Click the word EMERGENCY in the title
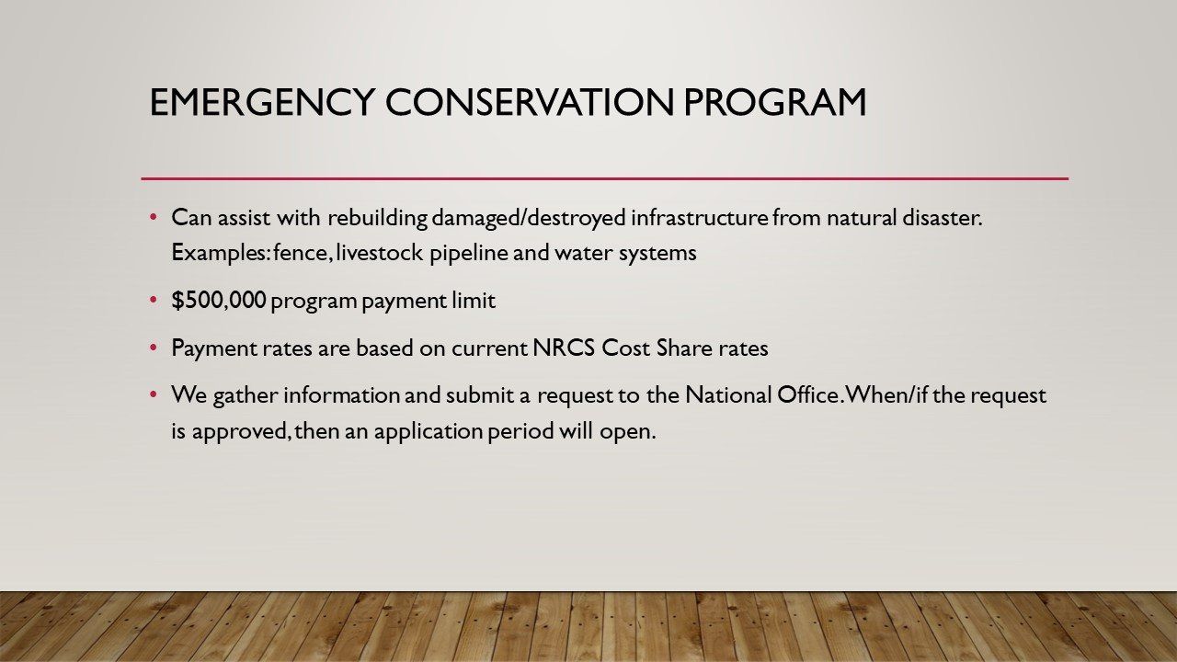[262, 102]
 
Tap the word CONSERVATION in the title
[530, 102]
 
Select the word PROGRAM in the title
[775, 102]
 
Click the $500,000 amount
[219, 301]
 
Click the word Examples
[221, 254]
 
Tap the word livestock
[379, 253]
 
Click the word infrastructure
[700, 218]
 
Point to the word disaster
[943, 218]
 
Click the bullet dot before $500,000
[154, 300]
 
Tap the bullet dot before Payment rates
[154, 348]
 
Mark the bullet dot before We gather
[154, 394]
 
